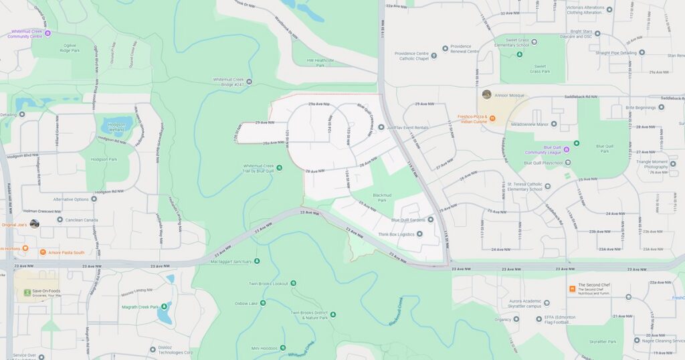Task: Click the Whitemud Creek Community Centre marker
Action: (x=47, y=33)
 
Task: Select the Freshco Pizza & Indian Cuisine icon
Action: (x=492, y=118)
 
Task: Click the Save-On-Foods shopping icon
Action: (x=27, y=292)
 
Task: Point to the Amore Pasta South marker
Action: (x=43, y=252)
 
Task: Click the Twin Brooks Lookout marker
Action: (x=293, y=283)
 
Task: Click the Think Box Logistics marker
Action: (x=419, y=234)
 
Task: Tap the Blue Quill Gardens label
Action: (x=408, y=219)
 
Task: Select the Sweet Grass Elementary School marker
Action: (x=534, y=41)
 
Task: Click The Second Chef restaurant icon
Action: (x=572, y=288)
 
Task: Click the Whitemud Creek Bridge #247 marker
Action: (x=249, y=82)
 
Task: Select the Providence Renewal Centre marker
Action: (x=446, y=48)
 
